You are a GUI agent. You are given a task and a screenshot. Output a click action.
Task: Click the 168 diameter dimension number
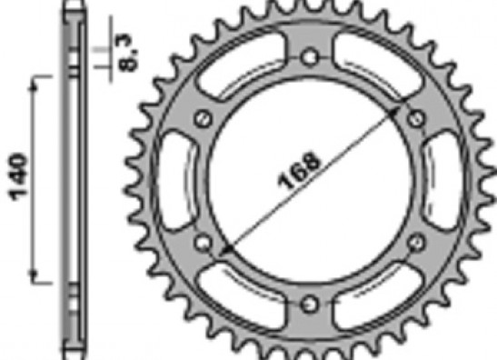click(x=299, y=170)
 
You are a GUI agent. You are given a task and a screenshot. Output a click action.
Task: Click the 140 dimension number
click(x=18, y=177)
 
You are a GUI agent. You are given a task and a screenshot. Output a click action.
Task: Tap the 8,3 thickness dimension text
click(x=129, y=53)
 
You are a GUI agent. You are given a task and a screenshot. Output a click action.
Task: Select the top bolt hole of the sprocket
click(x=310, y=57)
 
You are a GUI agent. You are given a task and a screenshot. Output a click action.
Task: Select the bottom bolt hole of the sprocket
click(x=310, y=305)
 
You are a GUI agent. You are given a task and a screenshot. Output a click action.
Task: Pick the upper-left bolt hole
click(x=204, y=119)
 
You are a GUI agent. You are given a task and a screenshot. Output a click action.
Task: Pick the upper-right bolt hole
click(x=416, y=119)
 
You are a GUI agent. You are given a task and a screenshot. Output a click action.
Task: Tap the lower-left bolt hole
click(x=204, y=243)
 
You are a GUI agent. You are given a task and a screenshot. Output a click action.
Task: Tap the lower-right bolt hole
click(x=416, y=243)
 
